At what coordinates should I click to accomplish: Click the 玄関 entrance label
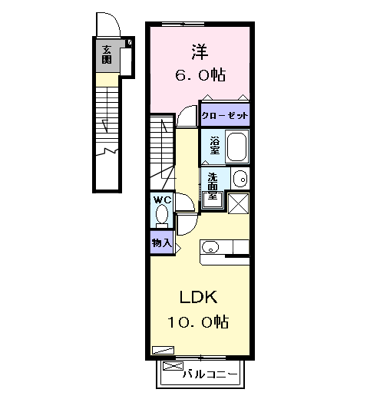[x=107, y=54]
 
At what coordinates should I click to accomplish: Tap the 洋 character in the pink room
[x=200, y=52]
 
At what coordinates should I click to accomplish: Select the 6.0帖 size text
[x=200, y=75]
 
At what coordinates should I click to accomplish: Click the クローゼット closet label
[x=225, y=116]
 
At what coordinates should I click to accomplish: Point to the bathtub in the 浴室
[x=236, y=147]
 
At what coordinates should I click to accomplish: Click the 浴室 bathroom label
[x=215, y=146]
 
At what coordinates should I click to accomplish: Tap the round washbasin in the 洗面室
[x=240, y=179]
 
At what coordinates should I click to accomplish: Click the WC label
[x=162, y=200]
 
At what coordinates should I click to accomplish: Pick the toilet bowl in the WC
[x=162, y=216]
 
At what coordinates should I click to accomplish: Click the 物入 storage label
[x=161, y=242]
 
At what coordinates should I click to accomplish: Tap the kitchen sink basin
[x=210, y=247]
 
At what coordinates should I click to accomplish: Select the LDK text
[x=198, y=297]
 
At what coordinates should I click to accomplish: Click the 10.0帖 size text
[x=198, y=322]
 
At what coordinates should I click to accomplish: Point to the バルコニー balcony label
[x=210, y=374]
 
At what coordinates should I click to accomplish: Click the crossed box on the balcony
[x=173, y=366]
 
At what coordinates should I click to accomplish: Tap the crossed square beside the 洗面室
[x=238, y=203]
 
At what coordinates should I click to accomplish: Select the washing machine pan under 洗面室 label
[x=213, y=200]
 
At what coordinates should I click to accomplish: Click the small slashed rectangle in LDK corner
[x=163, y=350]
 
